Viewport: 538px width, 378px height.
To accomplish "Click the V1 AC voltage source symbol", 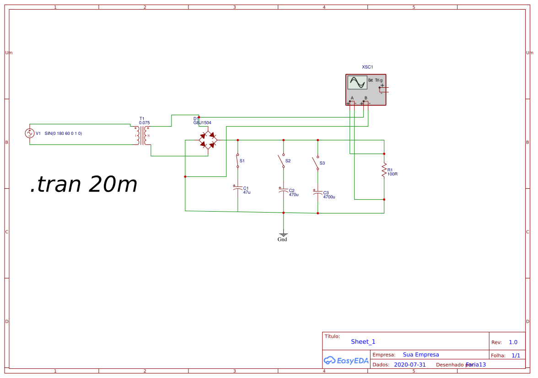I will [x=30, y=133].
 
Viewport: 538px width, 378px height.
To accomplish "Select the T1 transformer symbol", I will [x=142, y=135].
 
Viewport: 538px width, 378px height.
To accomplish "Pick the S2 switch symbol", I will [x=281, y=160].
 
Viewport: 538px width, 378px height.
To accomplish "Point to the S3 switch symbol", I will [x=316, y=163].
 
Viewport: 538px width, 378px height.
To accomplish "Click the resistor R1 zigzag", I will [x=384, y=170].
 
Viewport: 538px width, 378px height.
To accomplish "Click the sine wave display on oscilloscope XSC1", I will [x=357, y=83].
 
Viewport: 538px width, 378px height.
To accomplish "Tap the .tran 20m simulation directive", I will [x=84, y=184].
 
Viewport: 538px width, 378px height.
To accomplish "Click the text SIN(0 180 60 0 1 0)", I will [x=63, y=133].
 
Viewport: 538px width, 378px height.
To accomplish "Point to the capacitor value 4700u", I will [x=329, y=197].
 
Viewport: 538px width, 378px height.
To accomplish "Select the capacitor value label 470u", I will [x=294, y=195].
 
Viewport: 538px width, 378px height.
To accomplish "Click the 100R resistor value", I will [x=393, y=174].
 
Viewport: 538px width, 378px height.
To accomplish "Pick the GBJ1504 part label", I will [x=202, y=122].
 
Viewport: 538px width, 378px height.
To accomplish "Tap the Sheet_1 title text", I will [x=363, y=341].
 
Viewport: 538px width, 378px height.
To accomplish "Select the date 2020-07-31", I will [x=409, y=365].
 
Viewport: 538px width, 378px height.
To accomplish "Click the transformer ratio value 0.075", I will [x=144, y=122].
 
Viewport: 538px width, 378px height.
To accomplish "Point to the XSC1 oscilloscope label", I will [x=367, y=67].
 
